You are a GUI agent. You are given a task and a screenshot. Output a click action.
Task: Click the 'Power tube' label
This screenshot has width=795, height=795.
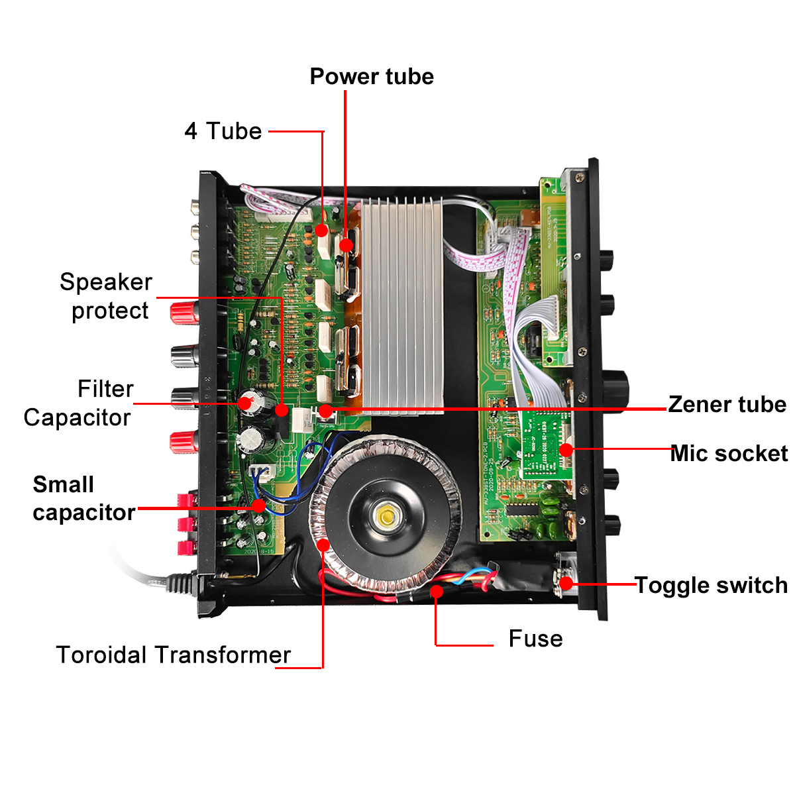tap(372, 77)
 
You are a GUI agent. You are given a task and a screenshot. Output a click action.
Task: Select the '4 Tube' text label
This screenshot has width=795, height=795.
tap(223, 131)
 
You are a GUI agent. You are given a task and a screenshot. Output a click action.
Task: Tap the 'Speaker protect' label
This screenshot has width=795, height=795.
tap(106, 296)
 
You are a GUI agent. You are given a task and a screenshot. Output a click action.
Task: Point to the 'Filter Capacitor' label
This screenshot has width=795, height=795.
tap(78, 403)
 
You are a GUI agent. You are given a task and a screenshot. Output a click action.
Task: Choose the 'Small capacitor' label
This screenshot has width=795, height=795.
tap(83, 498)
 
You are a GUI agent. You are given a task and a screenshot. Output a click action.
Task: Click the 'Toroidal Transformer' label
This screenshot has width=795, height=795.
tap(174, 655)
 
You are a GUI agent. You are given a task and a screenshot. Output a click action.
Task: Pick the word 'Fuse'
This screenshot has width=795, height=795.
tap(535, 639)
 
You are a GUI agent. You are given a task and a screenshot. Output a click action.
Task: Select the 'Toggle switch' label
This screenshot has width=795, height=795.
tap(711, 586)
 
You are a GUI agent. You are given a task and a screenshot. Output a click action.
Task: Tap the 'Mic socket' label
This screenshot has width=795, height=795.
tap(729, 454)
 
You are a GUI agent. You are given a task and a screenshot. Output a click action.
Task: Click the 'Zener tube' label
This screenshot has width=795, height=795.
tap(727, 404)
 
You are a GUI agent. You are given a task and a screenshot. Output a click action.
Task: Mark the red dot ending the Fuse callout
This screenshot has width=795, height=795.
tap(436, 591)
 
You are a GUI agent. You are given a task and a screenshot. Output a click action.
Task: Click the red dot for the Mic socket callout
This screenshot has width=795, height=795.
tap(566, 450)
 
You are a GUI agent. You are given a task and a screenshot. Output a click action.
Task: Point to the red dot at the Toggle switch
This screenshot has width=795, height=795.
tap(566, 584)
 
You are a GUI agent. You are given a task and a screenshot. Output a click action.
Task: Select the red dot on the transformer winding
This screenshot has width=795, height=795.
tap(323, 545)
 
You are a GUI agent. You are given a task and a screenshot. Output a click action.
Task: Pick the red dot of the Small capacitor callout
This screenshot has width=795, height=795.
tap(259, 507)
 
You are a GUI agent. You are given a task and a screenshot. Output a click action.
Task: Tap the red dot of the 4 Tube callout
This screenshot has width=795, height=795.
tap(321, 230)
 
